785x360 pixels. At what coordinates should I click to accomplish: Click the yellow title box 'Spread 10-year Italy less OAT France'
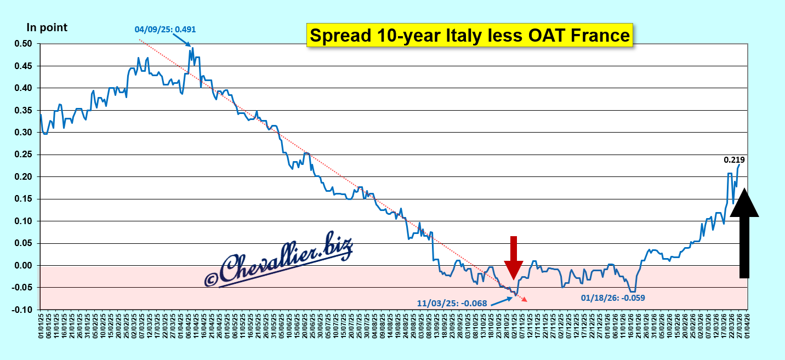click(469, 36)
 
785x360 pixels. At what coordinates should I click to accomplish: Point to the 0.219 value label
click(735, 160)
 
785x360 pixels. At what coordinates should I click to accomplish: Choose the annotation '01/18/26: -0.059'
click(613, 298)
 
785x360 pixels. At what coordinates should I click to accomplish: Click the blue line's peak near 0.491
click(192, 48)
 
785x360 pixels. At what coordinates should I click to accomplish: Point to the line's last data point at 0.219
click(739, 164)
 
